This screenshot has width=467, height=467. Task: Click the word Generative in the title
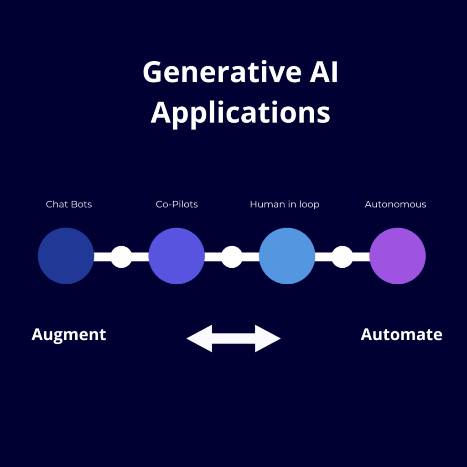coord(222,72)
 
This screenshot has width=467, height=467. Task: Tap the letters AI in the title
coord(324,72)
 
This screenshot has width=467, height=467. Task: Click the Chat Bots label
coord(69,204)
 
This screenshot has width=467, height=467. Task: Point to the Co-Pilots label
coord(177,204)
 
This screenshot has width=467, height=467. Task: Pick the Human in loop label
coord(285,205)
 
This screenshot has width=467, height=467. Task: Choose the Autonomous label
coord(395,204)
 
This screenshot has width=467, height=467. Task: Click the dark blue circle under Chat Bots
coord(66,256)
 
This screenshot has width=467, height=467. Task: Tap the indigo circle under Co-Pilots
coord(176,256)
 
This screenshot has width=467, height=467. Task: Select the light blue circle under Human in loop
coord(287,256)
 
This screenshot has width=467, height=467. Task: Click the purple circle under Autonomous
coord(398,256)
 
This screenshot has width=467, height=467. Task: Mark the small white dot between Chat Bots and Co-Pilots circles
coord(121,257)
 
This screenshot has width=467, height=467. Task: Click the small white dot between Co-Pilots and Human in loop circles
coord(232,257)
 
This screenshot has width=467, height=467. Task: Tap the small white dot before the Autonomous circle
coord(342,257)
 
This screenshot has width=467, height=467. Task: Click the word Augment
coord(69,335)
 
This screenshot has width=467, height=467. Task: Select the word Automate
coord(401,334)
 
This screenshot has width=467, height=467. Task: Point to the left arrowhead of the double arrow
coord(199,338)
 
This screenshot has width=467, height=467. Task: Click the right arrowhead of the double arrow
coord(268,338)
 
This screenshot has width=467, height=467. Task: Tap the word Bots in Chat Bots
coord(81,204)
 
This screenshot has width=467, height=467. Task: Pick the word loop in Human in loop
coord(310,205)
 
